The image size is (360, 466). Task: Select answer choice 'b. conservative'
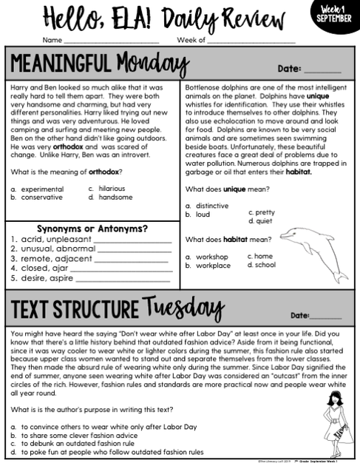37,197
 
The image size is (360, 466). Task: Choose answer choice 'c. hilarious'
106,189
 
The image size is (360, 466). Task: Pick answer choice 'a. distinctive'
207,206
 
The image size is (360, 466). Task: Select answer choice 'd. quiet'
262,221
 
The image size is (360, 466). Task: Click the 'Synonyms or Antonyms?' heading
92,229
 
